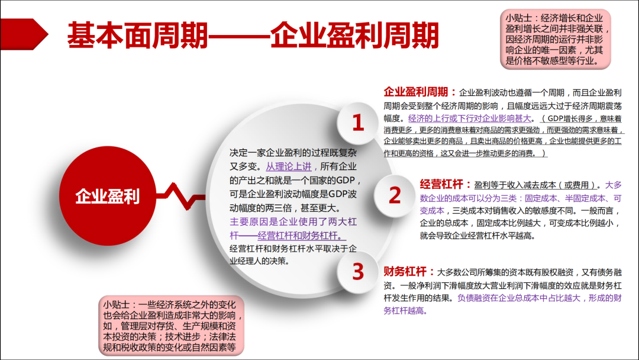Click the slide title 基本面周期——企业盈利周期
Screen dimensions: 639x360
click(253, 35)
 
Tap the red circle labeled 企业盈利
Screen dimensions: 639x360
click(108, 196)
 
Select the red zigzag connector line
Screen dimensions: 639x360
click(180, 197)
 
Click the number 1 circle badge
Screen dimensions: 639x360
click(358, 123)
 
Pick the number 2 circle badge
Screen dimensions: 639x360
click(395, 195)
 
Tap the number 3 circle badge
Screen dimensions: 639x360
click(358, 272)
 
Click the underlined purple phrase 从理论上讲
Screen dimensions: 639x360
click(289, 166)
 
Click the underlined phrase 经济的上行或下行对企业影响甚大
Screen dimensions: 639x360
click(469, 118)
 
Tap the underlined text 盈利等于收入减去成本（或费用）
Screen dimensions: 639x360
click(535, 185)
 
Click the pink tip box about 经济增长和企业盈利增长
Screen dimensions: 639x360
click(555, 39)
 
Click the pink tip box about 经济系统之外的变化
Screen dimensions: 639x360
click(171, 326)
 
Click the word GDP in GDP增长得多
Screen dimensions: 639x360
click(556, 118)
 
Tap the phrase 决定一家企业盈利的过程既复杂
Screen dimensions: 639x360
click(293, 153)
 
